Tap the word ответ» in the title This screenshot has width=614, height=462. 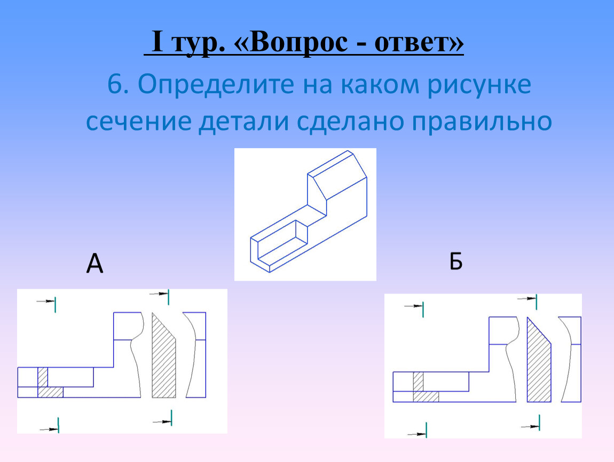[419, 42]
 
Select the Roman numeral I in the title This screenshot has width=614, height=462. [157, 42]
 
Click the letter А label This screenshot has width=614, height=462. [95, 263]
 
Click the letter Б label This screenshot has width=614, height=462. [456, 260]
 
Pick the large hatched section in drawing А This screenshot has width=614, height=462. [163, 359]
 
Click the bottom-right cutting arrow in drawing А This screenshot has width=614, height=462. [162, 419]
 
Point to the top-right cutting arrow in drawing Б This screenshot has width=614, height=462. [527, 299]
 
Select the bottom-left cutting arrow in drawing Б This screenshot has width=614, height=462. [417, 432]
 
